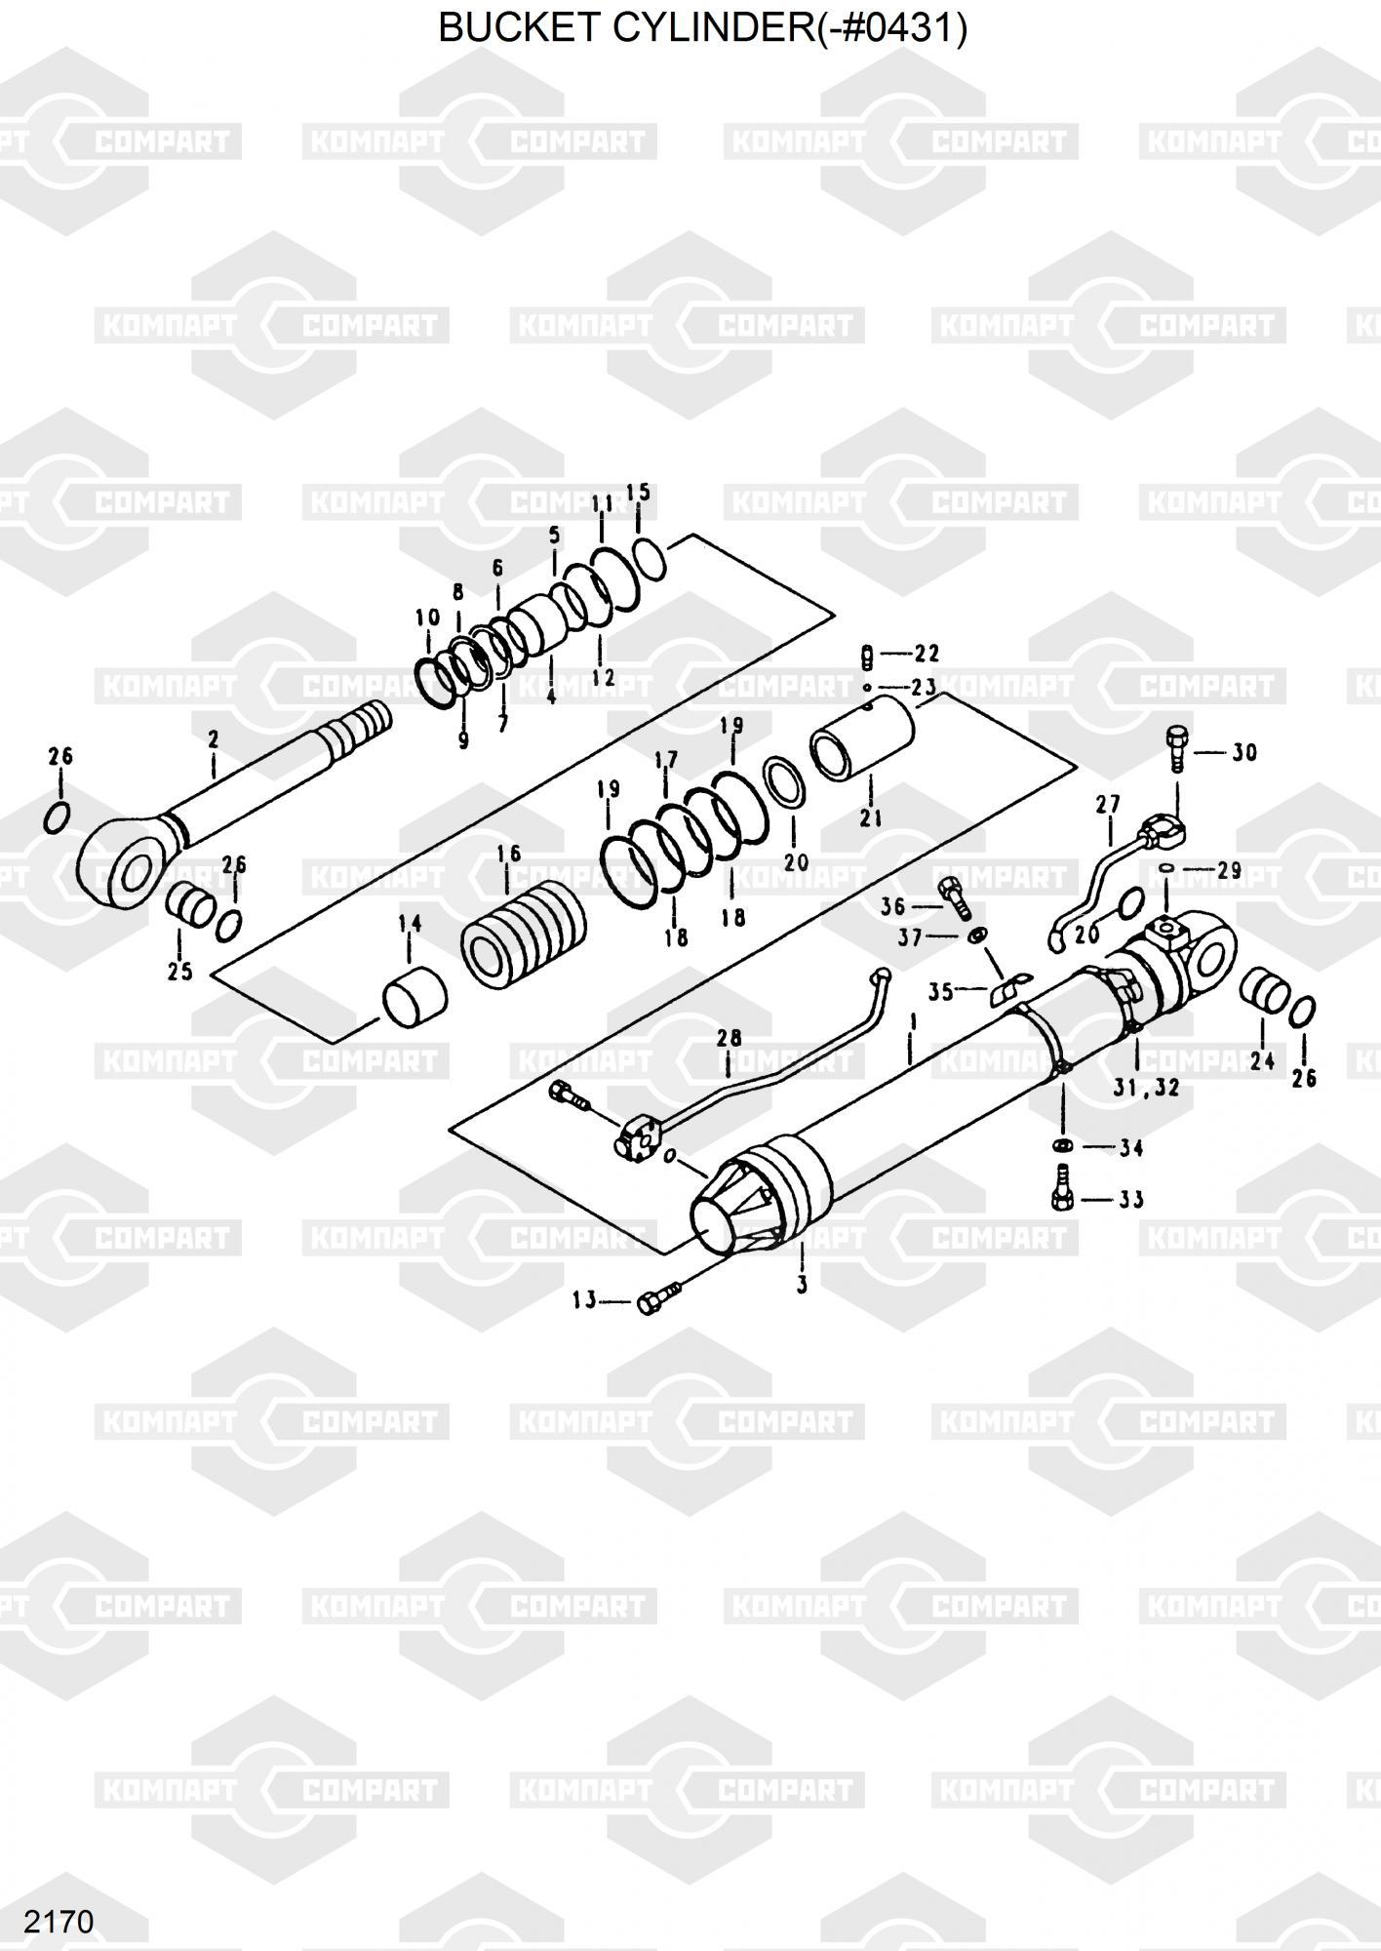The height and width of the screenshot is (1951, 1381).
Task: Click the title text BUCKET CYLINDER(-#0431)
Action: point(702,29)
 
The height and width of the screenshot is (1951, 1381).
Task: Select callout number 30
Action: point(1243,753)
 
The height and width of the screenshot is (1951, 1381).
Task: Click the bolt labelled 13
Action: point(660,1299)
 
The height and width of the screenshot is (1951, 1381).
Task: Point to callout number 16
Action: point(508,855)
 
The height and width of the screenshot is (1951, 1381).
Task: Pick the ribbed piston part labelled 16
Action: point(525,932)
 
